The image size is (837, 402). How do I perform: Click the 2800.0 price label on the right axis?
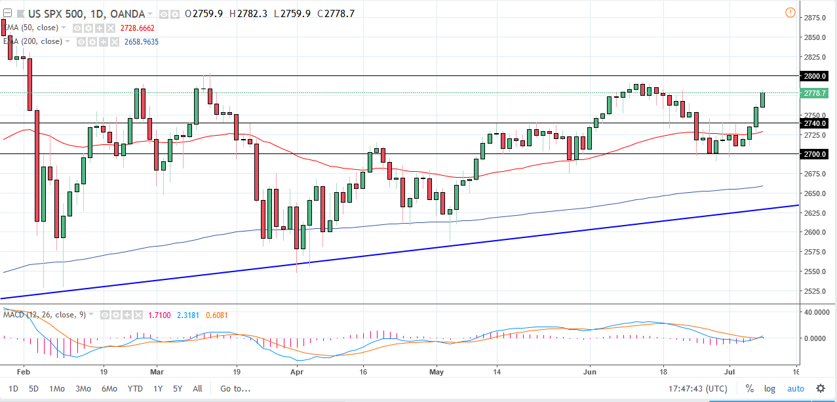coord(815,76)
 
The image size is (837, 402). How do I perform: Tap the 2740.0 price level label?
coord(815,123)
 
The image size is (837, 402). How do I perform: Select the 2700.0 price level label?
coord(815,154)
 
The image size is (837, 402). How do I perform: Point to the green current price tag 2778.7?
coord(815,93)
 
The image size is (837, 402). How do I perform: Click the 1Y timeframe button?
coord(158,388)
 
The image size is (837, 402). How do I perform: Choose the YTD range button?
coord(135,388)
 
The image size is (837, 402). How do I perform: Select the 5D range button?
coord(34,388)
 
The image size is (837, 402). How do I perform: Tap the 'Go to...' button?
coord(235,388)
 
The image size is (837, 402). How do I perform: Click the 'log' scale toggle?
coord(769,388)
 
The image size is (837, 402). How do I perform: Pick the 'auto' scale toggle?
coord(795,388)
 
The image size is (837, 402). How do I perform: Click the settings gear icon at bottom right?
coord(820,388)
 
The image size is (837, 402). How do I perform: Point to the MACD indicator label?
coord(14,315)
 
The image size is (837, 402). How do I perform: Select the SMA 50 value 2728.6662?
coord(138,28)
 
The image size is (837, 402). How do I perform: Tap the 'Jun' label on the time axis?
coord(590,371)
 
